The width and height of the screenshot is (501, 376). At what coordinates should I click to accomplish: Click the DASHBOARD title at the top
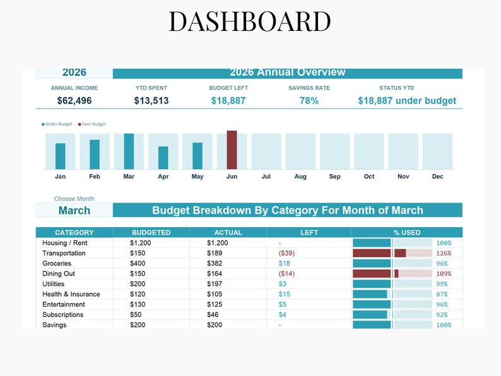tap(250, 21)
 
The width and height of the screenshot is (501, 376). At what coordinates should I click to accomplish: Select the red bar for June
tap(232, 150)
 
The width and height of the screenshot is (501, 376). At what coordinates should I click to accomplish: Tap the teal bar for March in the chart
tap(129, 151)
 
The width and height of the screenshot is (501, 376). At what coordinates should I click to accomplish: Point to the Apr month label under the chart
tap(163, 177)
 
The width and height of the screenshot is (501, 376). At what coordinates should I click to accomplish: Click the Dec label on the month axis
tap(437, 177)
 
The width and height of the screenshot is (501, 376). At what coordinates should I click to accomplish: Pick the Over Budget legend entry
tap(92, 124)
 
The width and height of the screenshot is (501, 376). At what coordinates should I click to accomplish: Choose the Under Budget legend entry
tap(57, 124)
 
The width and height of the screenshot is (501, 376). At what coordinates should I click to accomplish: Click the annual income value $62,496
tap(74, 100)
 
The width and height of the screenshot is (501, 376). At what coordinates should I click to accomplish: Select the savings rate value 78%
tap(309, 100)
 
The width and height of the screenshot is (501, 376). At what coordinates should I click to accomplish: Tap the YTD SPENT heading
tap(151, 88)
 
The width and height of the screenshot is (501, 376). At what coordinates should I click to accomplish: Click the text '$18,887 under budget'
tap(407, 100)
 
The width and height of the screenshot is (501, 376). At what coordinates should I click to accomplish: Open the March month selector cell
tap(74, 210)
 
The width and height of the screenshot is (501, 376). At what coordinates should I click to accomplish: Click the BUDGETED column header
tap(151, 232)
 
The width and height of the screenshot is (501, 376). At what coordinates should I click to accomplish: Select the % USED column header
tap(407, 232)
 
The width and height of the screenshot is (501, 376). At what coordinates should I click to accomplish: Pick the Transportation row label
tap(64, 253)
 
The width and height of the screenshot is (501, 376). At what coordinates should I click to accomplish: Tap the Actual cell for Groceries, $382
tap(216, 263)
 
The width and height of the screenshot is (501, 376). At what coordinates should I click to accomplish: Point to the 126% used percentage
tap(444, 253)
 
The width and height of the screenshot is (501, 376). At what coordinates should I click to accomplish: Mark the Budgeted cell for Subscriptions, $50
tap(136, 314)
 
